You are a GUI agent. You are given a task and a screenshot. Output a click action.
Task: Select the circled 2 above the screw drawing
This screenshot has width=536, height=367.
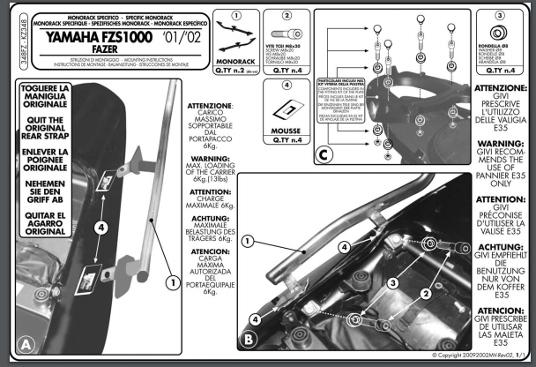point(287,17)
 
